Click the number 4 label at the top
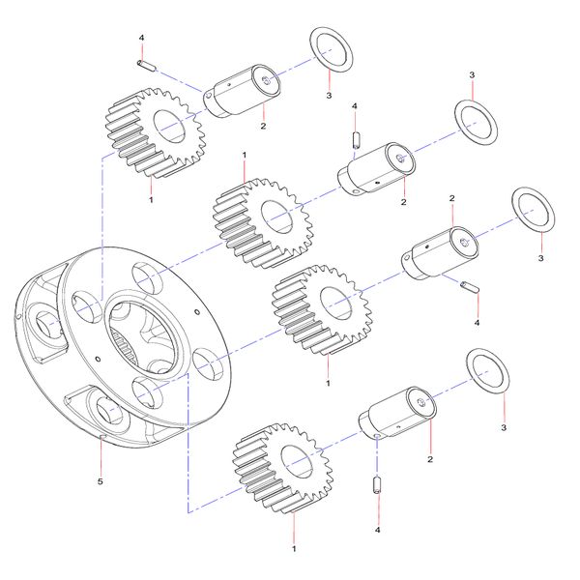pos(141,38)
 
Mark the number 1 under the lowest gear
pos(293,548)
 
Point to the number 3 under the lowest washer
pos(503,426)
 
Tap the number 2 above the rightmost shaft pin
pos(451,198)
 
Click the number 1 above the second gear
pos(244,155)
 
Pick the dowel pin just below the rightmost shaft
pos(470,287)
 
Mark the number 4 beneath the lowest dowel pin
pos(378,530)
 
